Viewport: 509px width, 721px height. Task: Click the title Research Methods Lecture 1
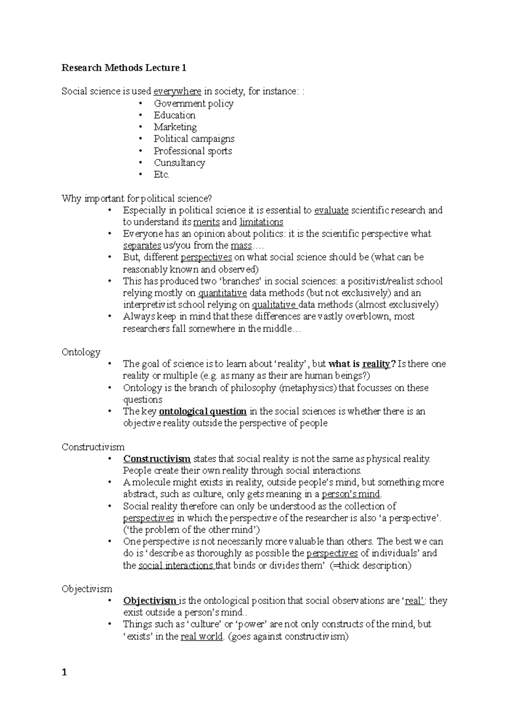(x=124, y=68)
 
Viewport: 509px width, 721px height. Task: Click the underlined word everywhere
(x=177, y=91)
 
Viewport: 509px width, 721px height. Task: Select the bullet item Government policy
(x=193, y=103)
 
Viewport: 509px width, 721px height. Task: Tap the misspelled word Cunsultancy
(x=179, y=163)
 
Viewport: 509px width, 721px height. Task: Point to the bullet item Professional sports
(x=193, y=151)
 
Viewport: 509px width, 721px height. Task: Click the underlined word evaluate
(x=331, y=210)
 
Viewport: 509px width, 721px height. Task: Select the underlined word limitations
(x=261, y=222)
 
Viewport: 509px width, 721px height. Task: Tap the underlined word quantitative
(x=223, y=293)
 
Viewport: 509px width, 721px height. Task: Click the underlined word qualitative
(x=274, y=304)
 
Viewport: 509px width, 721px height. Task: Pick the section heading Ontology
(x=81, y=352)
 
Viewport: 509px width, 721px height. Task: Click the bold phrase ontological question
(x=203, y=411)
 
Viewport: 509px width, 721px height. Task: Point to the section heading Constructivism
(x=93, y=447)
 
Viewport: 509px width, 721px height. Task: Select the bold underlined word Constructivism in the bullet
(x=157, y=459)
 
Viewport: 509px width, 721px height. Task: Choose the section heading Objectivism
(x=87, y=589)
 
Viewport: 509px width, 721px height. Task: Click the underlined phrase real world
(x=201, y=636)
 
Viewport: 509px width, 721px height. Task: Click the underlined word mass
(x=241, y=245)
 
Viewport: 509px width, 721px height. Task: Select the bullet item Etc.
(x=161, y=175)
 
